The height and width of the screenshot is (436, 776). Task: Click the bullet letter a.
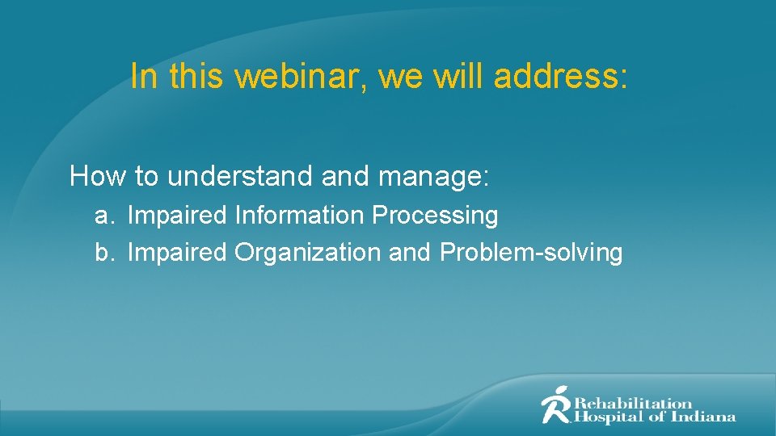click(x=102, y=216)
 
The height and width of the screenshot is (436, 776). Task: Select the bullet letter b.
click(x=102, y=253)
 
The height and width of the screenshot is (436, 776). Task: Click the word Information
click(x=300, y=216)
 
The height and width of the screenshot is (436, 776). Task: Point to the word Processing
click(x=435, y=216)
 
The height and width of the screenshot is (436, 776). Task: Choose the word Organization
click(x=308, y=254)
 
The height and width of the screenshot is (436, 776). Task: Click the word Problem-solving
click(x=531, y=254)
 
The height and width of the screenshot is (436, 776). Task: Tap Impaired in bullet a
click(x=178, y=216)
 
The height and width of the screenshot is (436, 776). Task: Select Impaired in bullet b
click(x=178, y=254)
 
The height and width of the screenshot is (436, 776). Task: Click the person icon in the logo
click(x=555, y=405)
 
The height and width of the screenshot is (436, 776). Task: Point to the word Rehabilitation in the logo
click(x=633, y=402)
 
